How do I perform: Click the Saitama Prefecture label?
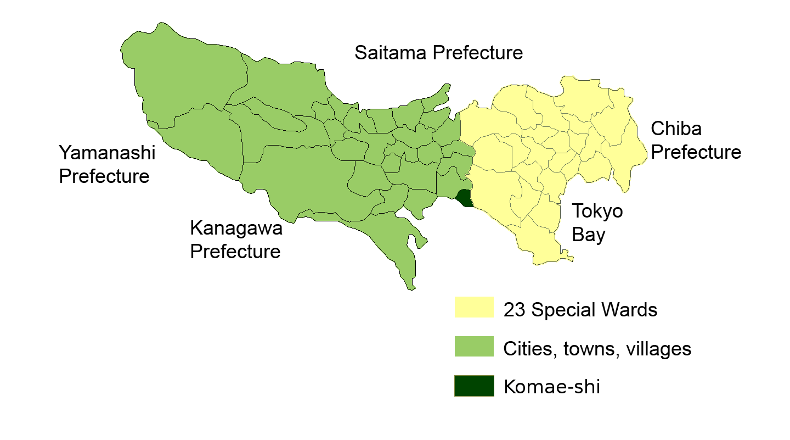[438, 53]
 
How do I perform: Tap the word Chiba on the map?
[676, 129]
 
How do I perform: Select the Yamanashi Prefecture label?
[107, 164]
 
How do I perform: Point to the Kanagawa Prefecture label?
[236, 239]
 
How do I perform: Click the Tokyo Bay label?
[597, 222]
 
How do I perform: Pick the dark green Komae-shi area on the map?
[465, 198]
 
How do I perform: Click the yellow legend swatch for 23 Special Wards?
[474, 307]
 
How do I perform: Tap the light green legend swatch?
[474, 346]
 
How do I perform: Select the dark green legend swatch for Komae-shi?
[474, 386]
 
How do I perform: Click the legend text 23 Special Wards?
[580, 310]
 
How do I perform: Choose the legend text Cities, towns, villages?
[597, 349]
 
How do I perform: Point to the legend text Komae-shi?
[551, 387]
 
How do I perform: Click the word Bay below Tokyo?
[589, 235]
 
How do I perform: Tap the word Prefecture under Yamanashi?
[104, 176]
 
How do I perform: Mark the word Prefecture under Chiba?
[696, 152]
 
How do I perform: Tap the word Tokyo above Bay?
[597, 211]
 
